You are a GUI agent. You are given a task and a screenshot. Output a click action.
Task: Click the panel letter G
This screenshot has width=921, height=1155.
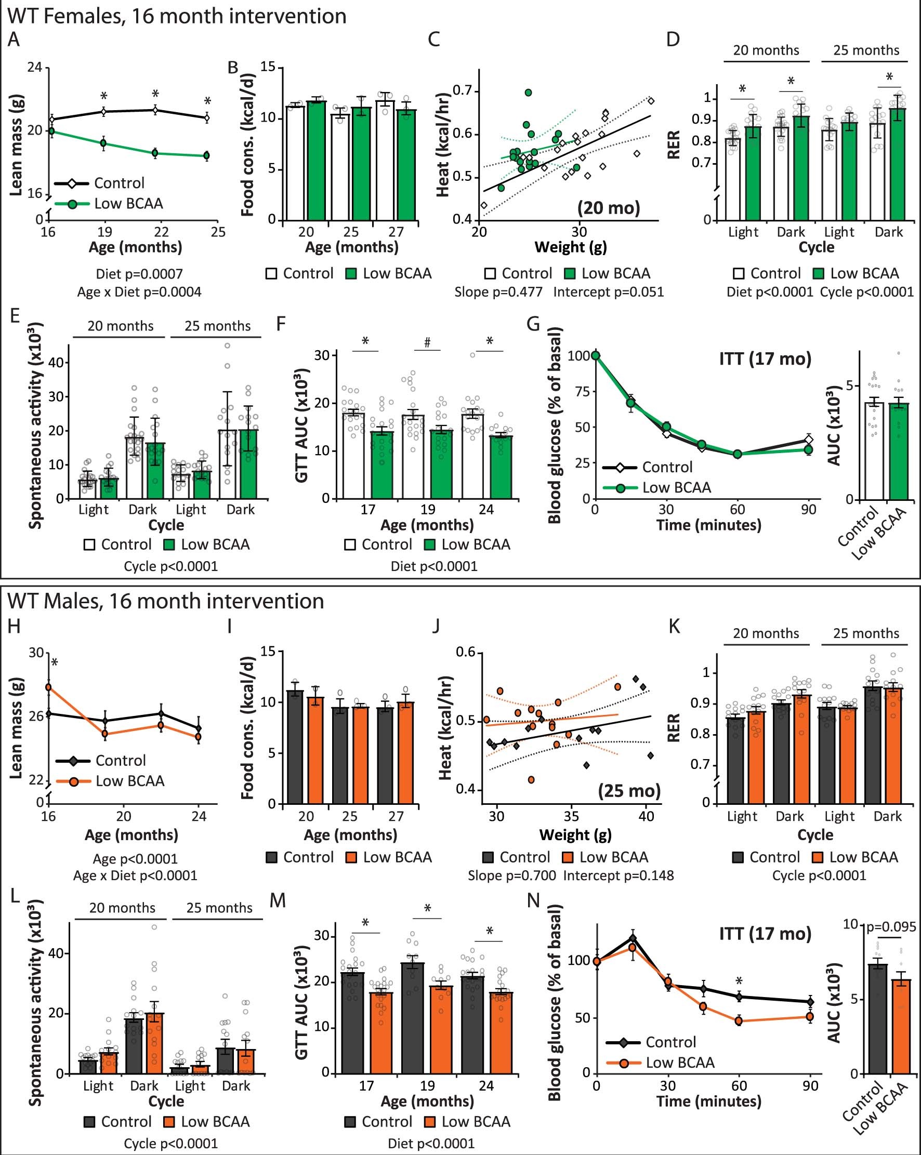(534, 324)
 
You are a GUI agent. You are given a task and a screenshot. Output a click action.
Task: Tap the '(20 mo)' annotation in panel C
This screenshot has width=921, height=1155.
(608, 207)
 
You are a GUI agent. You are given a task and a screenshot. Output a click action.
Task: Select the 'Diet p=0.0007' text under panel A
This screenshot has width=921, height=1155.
(139, 274)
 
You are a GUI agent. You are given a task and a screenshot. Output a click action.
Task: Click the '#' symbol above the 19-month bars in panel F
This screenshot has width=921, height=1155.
(427, 343)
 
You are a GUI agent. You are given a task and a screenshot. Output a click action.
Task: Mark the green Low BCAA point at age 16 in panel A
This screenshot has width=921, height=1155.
(51, 131)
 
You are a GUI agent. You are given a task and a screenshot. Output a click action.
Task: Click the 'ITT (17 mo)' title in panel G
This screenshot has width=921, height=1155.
(765, 359)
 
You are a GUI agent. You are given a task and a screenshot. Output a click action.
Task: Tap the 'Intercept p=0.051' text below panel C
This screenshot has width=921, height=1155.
(608, 292)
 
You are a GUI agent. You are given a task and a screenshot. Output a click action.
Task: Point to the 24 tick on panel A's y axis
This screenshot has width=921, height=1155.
(35, 68)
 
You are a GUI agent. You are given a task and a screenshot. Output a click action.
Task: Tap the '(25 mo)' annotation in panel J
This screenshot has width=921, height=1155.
(629, 791)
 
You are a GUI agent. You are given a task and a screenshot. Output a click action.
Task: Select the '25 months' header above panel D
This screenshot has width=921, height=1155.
(865, 50)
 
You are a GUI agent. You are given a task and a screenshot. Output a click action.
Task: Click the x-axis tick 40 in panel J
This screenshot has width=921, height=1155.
(646, 816)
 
